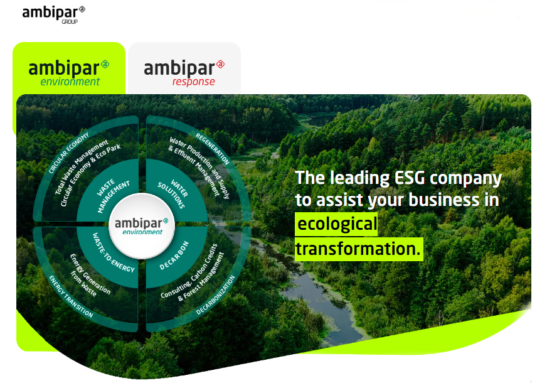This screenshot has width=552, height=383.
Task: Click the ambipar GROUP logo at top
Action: pos(53,14)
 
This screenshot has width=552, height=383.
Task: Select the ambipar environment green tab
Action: pos(69,68)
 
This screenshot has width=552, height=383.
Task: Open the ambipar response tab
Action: pos(184,68)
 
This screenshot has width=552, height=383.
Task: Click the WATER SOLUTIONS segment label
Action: pos(172,193)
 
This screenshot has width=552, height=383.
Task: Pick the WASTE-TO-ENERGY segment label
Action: pos(114,252)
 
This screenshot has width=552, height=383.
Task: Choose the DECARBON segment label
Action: pos(174,256)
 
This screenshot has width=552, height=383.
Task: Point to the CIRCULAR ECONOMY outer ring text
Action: pos(68,153)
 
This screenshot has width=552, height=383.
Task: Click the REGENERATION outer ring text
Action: pos(213,149)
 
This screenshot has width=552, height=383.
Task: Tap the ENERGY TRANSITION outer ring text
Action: pos(71,297)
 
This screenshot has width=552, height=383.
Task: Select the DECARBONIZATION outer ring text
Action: pos(215,295)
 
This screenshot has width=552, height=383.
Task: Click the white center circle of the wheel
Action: pos(142,226)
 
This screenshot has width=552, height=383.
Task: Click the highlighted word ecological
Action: pos(337,224)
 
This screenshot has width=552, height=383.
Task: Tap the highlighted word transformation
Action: pos(359,249)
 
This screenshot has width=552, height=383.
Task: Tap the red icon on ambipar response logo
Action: pos(220,64)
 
